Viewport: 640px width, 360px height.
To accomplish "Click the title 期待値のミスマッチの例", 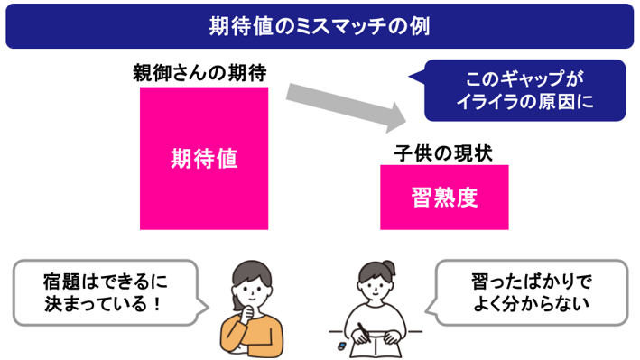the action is pyautogui.click(x=320, y=26).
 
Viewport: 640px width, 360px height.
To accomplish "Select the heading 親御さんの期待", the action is pyautogui.click(x=199, y=73).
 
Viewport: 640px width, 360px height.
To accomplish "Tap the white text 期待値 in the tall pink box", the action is pyautogui.click(x=204, y=159).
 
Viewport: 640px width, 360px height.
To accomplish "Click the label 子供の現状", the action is pyautogui.click(x=443, y=153).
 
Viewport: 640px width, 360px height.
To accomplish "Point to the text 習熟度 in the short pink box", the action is pyautogui.click(x=444, y=198).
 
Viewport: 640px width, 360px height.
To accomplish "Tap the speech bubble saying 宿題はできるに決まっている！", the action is pyautogui.click(x=110, y=292).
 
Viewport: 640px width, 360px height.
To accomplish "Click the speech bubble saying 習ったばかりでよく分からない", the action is pyautogui.click(x=526, y=292).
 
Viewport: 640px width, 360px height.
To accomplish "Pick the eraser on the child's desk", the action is pyautogui.click(x=341, y=346).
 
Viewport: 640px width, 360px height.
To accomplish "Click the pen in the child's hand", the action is pyautogui.click(x=364, y=332).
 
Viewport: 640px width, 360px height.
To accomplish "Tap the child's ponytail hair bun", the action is pyautogui.click(x=388, y=269).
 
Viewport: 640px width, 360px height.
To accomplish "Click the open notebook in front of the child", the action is pyautogui.click(x=376, y=346).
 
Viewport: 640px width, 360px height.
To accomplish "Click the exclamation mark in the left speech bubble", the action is pyautogui.click(x=158, y=304).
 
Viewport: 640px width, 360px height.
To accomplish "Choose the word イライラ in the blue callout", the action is pyautogui.click(x=487, y=102).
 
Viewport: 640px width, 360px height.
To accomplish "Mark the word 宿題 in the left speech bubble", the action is pyautogui.click(x=60, y=282).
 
